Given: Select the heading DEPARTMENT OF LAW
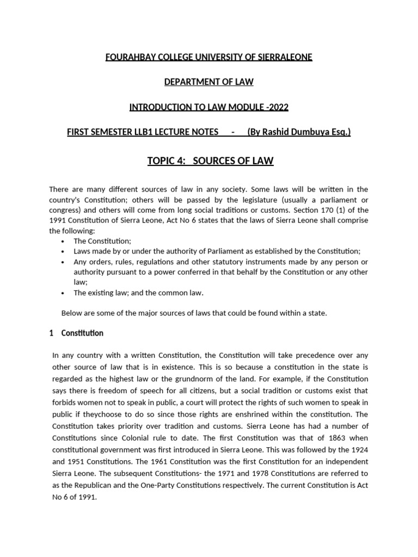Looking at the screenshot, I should coord(209,82).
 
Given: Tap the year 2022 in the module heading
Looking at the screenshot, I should coord(277,107).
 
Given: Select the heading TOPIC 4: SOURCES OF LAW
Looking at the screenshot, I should coord(210,160).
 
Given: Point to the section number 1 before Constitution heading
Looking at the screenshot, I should coord(51,333).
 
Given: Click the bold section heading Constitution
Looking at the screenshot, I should coord(82,333).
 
